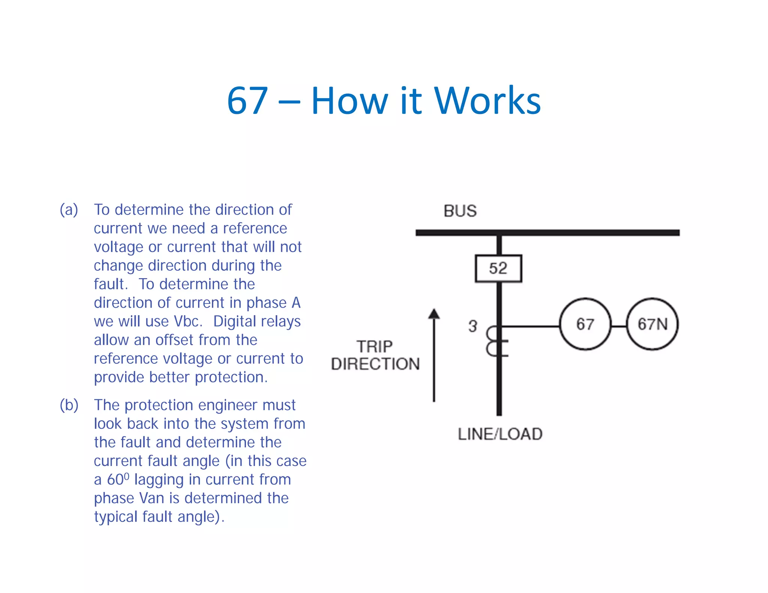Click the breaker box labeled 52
point(498,268)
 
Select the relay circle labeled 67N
point(652,324)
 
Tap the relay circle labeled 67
point(585,324)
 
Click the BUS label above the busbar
point(460,211)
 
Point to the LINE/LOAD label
point(500,434)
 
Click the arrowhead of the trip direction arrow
point(434,314)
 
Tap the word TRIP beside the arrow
point(375,346)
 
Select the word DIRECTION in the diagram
point(375,364)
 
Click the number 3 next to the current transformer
point(472,326)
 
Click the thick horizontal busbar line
point(547,233)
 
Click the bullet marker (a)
point(69,210)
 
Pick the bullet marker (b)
point(69,405)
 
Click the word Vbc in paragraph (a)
point(188,322)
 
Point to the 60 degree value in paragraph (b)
point(117,479)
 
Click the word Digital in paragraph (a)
point(235,322)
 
